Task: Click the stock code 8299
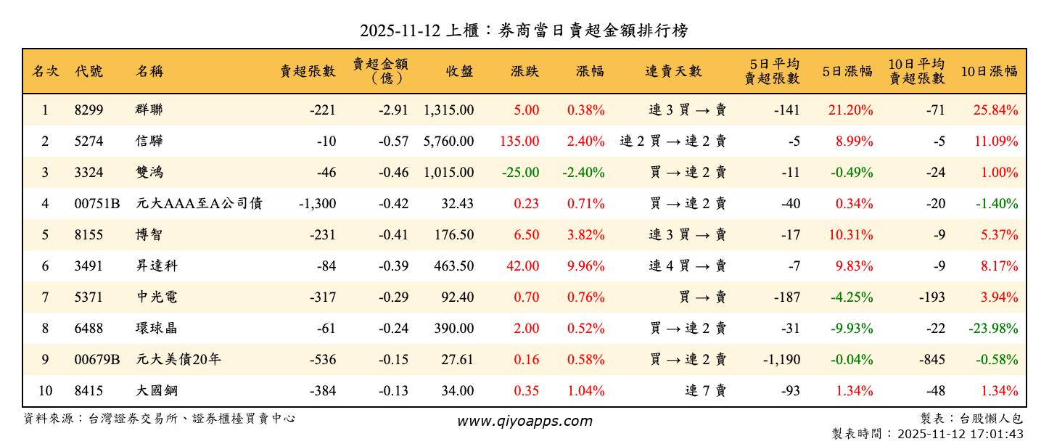[89, 110]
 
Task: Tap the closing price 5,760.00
[448, 141]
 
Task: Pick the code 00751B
[96, 204]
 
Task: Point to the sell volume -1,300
[317, 204]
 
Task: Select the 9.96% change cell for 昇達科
[587, 266]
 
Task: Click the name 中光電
[156, 297]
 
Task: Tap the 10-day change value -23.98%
[993, 329]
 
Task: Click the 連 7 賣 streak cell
[705, 391]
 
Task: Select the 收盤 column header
[460, 71]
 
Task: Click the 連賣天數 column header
[673, 71]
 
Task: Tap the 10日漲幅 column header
[989, 71]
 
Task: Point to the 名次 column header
[45, 71]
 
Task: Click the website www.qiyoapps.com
[524, 421]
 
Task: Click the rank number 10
[45, 391]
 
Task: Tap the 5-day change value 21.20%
[850, 110]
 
